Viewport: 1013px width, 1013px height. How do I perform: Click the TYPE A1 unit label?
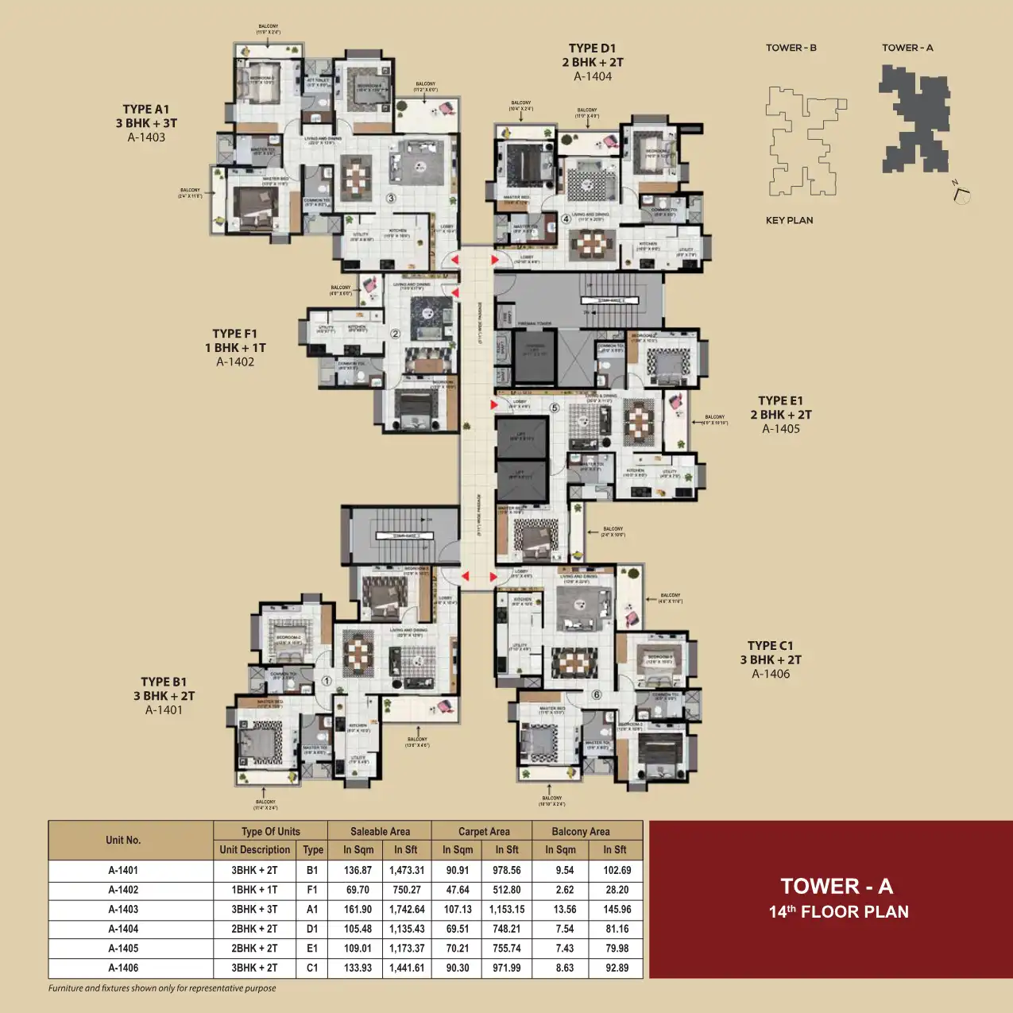click(146, 110)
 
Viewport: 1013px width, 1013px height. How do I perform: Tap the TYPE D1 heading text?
click(592, 48)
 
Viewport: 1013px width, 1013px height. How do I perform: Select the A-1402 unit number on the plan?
click(235, 362)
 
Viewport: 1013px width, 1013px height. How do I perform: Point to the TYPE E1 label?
click(780, 401)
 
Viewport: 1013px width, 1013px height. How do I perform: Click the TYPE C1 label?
click(770, 646)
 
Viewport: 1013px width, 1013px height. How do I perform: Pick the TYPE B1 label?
click(164, 682)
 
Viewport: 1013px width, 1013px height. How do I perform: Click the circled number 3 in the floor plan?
click(391, 198)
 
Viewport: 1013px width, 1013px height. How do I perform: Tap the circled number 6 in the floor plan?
click(597, 694)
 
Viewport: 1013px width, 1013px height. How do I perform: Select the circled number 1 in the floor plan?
click(327, 681)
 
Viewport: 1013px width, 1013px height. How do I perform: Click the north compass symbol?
click(962, 194)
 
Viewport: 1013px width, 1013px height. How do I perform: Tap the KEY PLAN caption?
click(789, 221)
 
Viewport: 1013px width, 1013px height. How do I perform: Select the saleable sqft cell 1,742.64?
click(407, 910)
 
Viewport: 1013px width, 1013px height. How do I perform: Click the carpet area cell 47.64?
click(458, 890)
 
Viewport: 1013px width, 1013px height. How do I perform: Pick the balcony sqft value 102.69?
click(617, 871)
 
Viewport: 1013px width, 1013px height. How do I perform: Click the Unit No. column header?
click(123, 841)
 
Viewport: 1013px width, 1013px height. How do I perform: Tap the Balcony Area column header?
click(581, 832)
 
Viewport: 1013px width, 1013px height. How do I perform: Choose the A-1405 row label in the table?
click(123, 949)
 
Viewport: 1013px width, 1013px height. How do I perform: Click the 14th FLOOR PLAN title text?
click(838, 912)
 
